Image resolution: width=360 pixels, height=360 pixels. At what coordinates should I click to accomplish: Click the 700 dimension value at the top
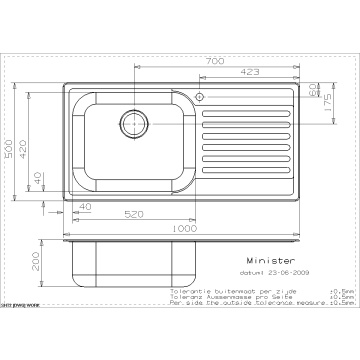(215, 62)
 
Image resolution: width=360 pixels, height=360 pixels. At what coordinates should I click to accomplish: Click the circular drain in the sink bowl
(133, 124)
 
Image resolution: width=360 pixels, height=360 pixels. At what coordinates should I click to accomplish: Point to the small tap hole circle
(203, 98)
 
